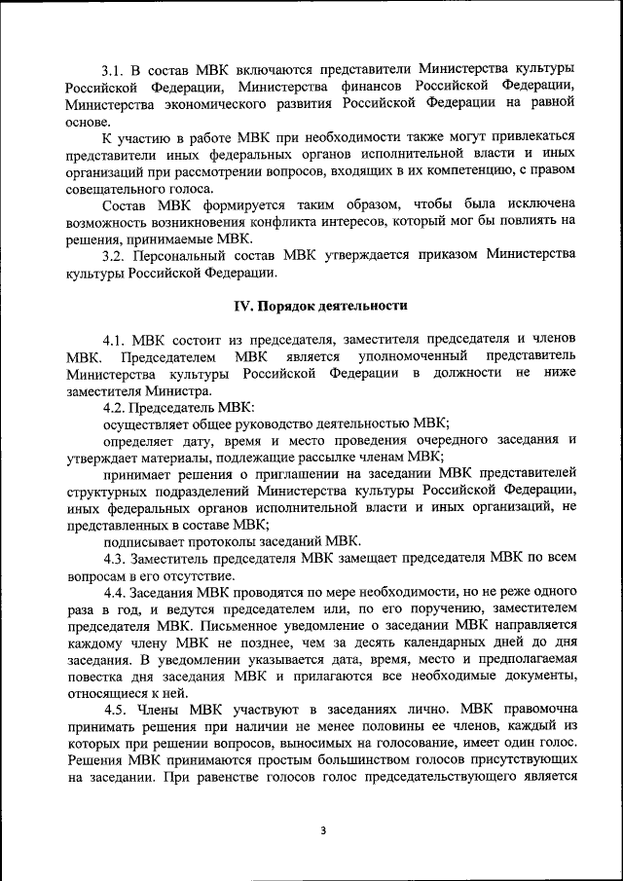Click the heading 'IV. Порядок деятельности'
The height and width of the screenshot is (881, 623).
[320, 305]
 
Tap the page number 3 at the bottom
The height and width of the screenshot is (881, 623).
[323, 829]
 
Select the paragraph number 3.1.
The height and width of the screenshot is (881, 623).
[119, 70]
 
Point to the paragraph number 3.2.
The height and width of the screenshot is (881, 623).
[119, 255]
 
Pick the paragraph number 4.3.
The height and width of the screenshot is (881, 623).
[119, 559]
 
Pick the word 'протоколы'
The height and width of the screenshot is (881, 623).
[226, 541]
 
